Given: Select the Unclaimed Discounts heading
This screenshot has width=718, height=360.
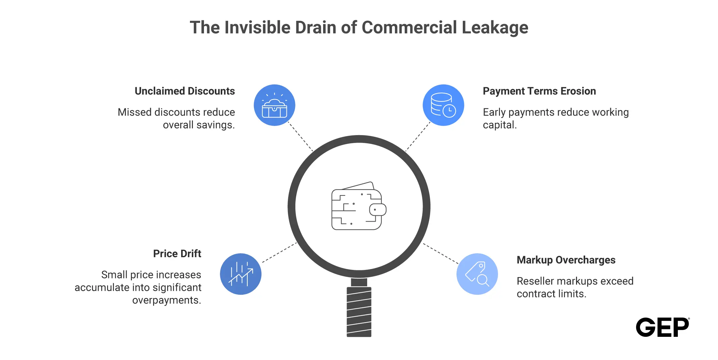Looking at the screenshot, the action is click(x=185, y=91).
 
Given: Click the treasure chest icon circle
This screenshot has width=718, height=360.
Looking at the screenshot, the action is click(x=274, y=105).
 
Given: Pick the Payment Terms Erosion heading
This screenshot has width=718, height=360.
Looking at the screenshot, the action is click(x=539, y=91).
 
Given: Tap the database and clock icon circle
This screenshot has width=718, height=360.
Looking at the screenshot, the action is click(x=443, y=105).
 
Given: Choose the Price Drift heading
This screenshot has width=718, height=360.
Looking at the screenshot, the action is click(x=177, y=254).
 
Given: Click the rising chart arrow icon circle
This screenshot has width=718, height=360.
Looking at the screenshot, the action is click(x=241, y=274).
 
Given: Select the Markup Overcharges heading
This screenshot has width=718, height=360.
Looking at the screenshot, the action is click(x=566, y=260).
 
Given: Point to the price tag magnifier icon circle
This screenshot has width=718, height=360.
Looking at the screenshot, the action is click(x=477, y=274).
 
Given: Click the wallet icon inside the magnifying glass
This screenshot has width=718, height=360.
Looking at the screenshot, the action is click(x=359, y=206).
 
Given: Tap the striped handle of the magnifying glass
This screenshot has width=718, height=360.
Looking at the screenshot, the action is click(x=359, y=312).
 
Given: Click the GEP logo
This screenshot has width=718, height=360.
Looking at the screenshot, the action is click(x=663, y=327).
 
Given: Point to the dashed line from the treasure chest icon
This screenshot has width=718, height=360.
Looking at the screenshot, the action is click(x=301, y=137).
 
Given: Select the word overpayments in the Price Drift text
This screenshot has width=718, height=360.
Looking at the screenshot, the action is click(x=166, y=300).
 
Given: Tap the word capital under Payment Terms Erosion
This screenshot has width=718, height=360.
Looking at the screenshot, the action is click(x=500, y=125).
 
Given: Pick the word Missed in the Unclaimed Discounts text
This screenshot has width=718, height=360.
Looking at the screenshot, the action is click(x=134, y=112).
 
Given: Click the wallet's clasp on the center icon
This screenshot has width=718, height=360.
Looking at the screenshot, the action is click(x=378, y=210).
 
